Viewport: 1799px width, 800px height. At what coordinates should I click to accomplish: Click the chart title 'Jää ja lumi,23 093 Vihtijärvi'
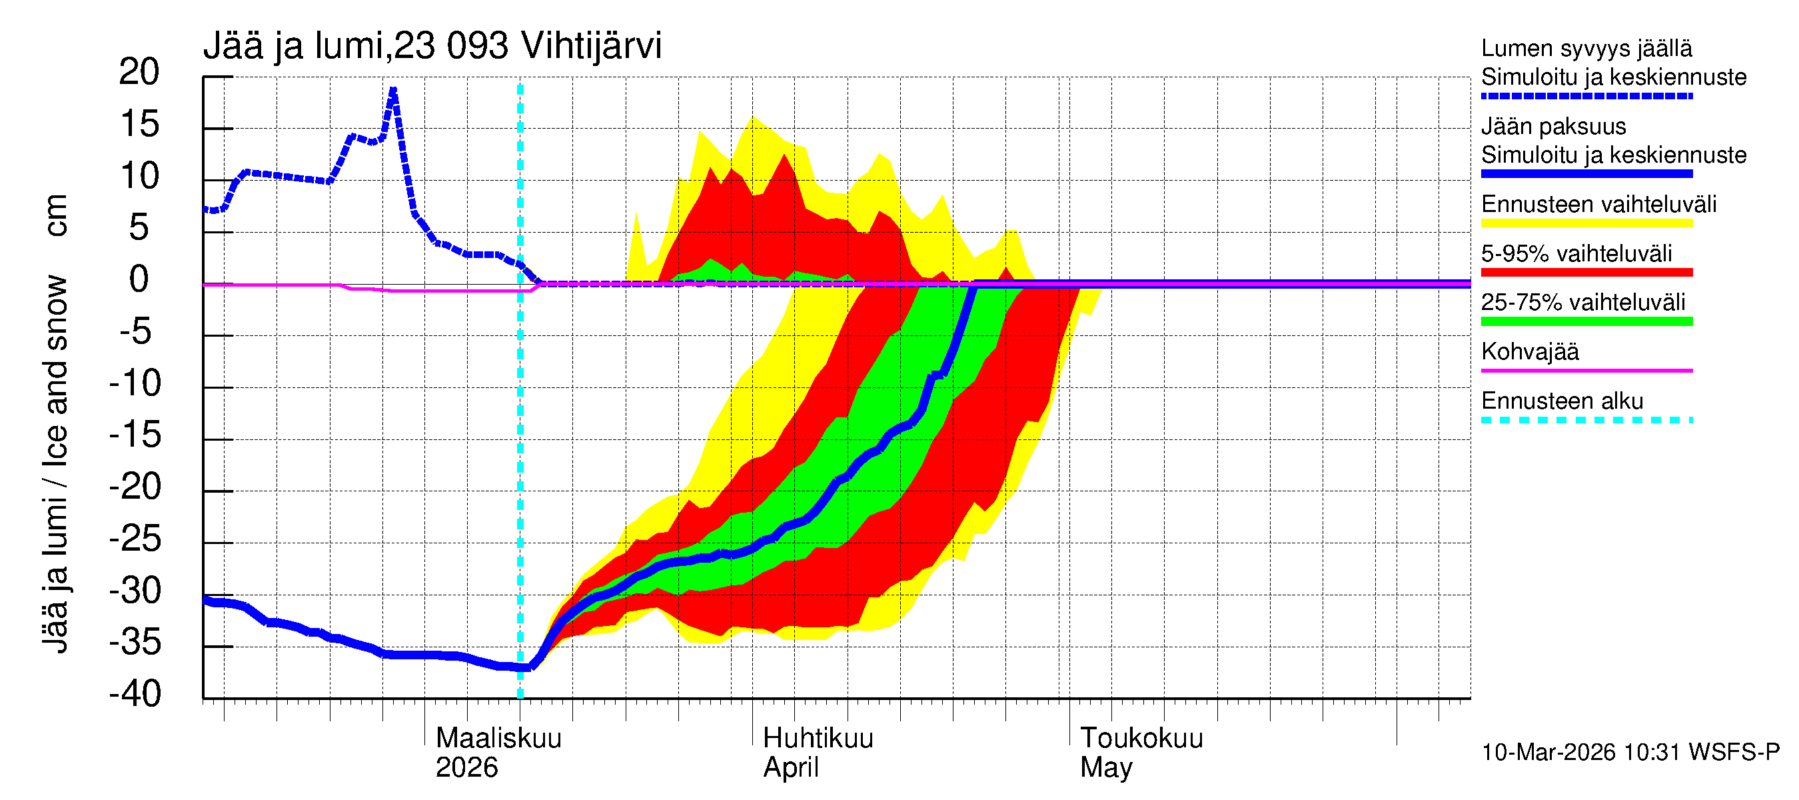coord(432,46)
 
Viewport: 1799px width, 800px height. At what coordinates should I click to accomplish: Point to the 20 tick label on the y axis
coord(139,72)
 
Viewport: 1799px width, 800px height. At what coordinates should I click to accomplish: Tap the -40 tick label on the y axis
coord(135,694)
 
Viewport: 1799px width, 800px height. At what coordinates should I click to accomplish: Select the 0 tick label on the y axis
coord(139,279)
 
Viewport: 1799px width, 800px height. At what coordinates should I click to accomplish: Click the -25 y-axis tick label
coord(135,539)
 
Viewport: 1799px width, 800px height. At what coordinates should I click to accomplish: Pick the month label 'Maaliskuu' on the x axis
coord(498,738)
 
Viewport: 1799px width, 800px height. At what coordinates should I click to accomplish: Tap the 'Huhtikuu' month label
coord(817,738)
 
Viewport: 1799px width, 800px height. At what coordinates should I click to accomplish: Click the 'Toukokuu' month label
coord(1141,738)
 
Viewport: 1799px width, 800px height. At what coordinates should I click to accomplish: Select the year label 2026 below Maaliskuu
coord(466,767)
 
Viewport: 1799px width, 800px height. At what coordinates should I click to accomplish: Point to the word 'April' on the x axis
coord(790,767)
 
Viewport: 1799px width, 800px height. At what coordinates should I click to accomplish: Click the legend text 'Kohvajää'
coord(1529,351)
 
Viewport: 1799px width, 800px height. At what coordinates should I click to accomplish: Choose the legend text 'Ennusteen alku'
coord(1562,401)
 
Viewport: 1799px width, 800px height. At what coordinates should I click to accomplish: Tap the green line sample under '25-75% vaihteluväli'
coord(1586,321)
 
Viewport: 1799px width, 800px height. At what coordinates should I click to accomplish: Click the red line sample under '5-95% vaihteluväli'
coord(1586,273)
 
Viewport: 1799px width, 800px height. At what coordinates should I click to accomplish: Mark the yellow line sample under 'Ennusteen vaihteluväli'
coord(1586,223)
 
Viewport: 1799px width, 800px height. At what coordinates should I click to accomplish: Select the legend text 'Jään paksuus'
coord(1553,127)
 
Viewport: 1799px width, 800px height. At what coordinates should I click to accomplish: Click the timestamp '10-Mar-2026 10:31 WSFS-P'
coord(1630,752)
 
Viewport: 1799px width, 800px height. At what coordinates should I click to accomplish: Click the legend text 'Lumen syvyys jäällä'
coord(1586,48)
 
